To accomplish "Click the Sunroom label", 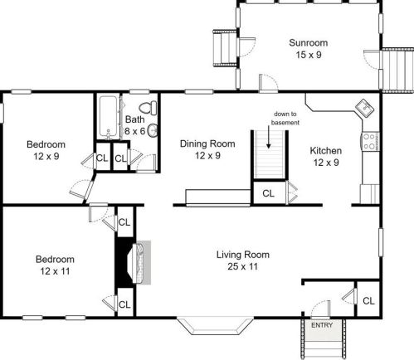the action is (x=309, y=43).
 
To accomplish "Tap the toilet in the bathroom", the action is (x=149, y=108).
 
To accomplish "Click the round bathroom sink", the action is (x=153, y=130).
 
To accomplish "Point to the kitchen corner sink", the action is (x=365, y=108).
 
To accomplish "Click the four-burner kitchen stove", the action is (x=370, y=141).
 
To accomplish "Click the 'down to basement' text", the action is (x=285, y=118).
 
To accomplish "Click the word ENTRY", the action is (x=322, y=325).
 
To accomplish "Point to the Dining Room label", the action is (x=207, y=144).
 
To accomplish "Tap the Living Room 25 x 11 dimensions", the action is (x=242, y=266).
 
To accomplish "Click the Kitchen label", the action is (x=326, y=151).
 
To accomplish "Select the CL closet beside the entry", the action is (x=368, y=301).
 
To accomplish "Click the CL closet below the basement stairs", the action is (x=268, y=193).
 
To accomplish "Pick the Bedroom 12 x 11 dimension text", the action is (x=55, y=271).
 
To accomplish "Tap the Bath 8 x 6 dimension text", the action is (x=134, y=131).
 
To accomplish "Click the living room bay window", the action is (x=215, y=326).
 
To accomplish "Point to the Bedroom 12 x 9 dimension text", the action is (x=46, y=157).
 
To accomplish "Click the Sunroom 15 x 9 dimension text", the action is (x=309, y=55).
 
